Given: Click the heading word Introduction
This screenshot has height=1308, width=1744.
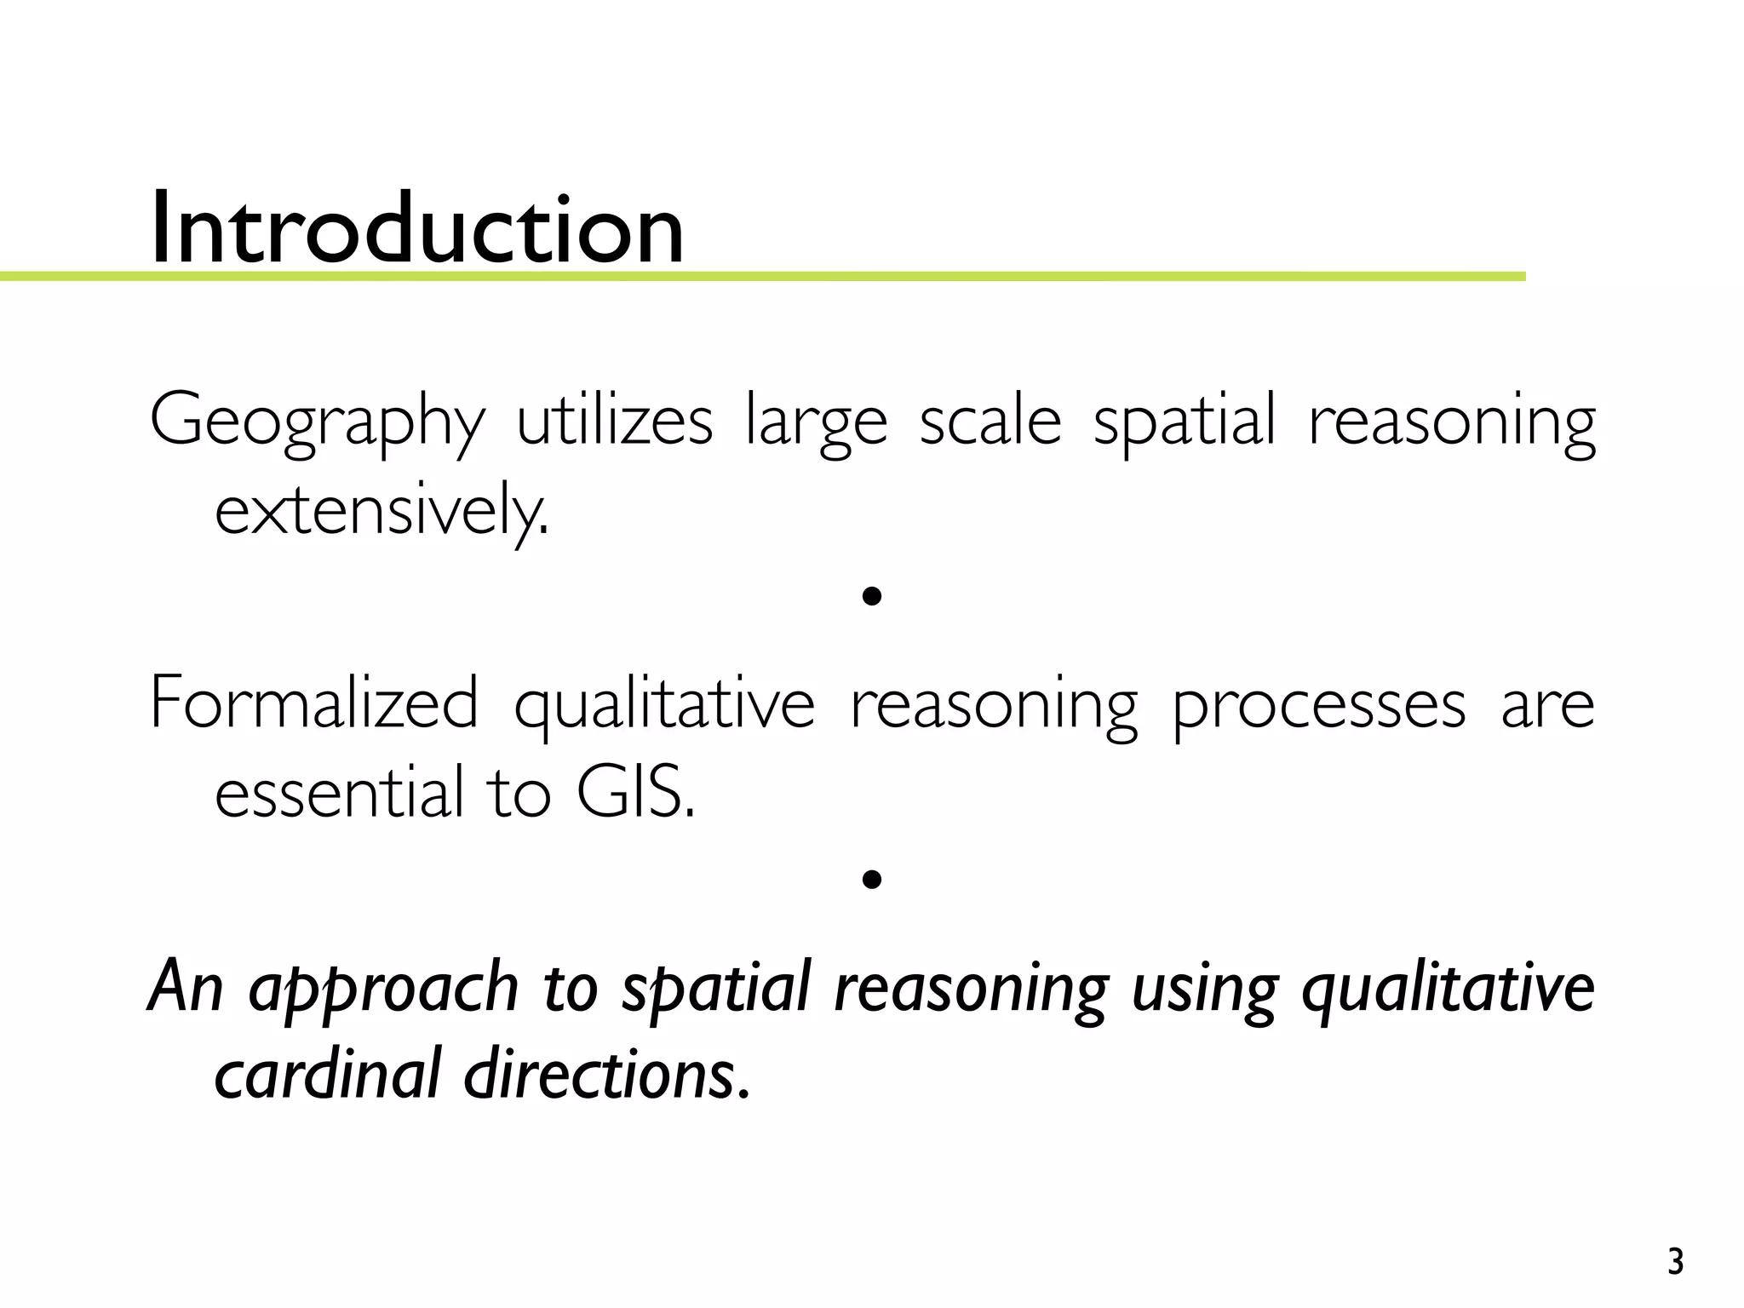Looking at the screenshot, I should point(416,228).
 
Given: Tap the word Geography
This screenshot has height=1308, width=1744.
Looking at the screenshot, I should point(317,422).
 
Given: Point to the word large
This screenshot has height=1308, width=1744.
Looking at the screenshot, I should point(816,422).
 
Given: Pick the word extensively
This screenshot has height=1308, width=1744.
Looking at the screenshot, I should point(381,511).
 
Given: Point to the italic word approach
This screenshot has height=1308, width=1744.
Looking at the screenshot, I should point(383,988).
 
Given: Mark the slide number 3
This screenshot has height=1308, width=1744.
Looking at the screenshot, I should point(1675,1261).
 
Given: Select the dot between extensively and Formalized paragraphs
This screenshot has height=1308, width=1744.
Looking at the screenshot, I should point(870,597).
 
